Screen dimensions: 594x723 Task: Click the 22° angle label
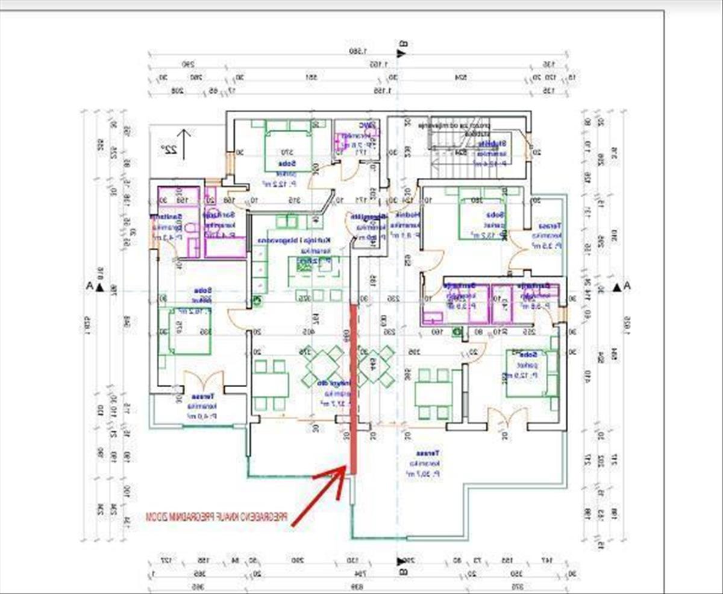click(167, 148)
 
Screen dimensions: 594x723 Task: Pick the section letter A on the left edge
click(89, 287)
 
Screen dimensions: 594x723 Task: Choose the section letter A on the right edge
click(627, 286)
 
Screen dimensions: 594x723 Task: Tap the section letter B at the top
click(404, 44)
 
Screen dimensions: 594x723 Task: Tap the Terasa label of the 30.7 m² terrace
click(428, 453)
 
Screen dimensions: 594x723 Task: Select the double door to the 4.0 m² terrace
click(203, 381)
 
